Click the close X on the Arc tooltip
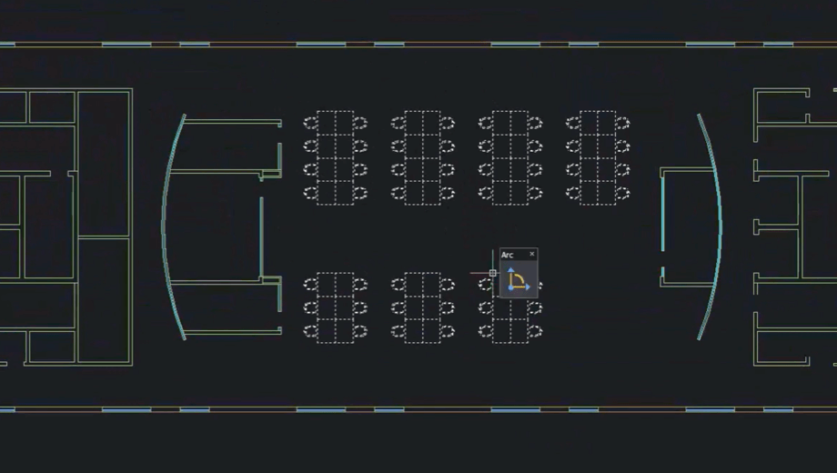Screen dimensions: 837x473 (531, 254)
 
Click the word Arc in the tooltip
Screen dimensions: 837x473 (507, 256)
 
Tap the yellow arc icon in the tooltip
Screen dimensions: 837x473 (518, 279)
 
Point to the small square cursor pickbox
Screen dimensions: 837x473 (493, 273)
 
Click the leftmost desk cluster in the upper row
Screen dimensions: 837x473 (335, 158)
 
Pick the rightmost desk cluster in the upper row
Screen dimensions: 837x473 (598, 158)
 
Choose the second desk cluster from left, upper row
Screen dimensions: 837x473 (423, 158)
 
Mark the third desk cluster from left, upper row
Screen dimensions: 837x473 (510, 158)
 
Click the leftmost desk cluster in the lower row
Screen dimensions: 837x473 (335, 308)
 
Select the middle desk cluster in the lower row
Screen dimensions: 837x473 (423, 308)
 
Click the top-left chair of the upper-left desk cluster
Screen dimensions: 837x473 (310, 123)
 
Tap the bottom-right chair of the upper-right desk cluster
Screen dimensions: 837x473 (622, 193)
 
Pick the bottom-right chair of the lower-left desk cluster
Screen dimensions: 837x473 (359, 331)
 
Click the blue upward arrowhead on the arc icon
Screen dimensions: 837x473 (511, 271)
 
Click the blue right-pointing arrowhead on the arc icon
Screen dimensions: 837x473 (528, 287)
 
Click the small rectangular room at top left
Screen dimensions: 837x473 (52, 107)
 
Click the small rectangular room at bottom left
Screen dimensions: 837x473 (52, 347)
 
